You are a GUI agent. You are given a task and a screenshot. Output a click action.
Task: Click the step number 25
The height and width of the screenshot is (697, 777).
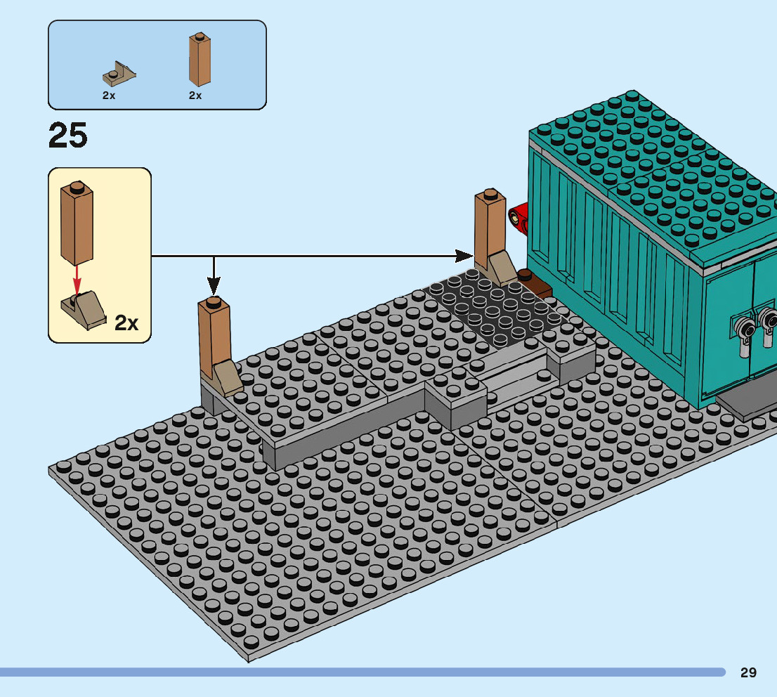tap(68, 136)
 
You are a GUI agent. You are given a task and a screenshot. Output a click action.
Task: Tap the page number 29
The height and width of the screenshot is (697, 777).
tap(748, 672)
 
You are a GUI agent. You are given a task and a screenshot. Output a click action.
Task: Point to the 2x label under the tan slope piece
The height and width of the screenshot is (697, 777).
tap(109, 96)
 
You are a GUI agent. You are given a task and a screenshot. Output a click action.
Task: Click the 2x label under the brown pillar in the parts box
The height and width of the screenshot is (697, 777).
tap(195, 96)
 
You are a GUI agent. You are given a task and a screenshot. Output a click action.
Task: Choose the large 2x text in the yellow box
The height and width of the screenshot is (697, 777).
tap(127, 323)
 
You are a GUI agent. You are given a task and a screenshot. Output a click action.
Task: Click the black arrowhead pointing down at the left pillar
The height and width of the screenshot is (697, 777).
tap(214, 285)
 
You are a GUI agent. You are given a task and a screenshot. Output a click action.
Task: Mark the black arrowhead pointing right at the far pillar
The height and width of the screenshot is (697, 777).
tap(464, 255)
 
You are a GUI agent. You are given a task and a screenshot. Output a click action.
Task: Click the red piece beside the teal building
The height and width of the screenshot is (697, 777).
tap(519, 217)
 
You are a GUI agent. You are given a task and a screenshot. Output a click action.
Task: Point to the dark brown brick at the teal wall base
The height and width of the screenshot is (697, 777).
tap(535, 283)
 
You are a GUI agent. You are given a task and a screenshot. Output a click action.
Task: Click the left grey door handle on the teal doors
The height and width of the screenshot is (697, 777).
tap(743, 328)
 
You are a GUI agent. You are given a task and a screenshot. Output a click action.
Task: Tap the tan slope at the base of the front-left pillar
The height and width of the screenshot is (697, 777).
tap(228, 377)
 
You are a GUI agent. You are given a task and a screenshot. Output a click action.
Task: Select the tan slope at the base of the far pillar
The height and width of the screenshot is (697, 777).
tap(502, 268)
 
